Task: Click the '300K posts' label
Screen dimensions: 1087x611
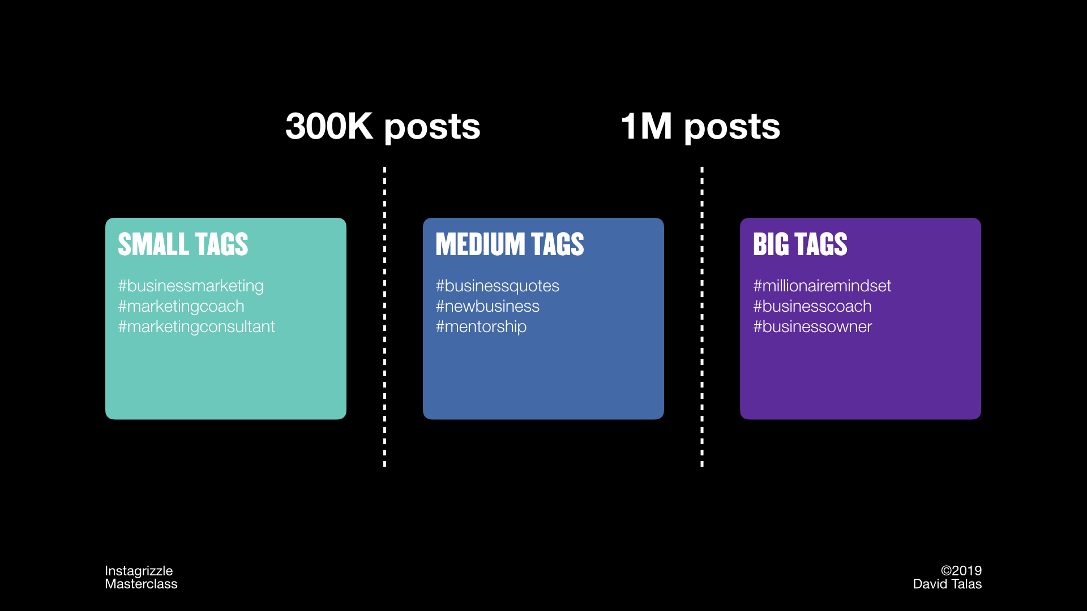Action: click(x=383, y=127)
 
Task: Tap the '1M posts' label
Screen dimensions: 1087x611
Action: click(x=700, y=127)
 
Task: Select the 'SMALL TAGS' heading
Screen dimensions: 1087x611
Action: click(x=183, y=244)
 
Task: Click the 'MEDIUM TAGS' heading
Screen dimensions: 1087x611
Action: click(x=510, y=244)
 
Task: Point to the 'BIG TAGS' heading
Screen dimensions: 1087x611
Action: click(x=800, y=244)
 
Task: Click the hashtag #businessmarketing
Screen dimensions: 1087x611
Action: click(x=191, y=286)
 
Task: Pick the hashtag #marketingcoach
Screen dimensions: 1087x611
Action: click(x=181, y=307)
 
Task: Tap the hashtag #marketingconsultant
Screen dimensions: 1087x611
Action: click(x=196, y=327)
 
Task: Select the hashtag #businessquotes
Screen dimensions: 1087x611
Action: click(x=497, y=286)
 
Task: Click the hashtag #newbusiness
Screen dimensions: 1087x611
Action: click(x=487, y=306)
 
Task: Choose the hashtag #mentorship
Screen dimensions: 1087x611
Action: click(x=481, y=327)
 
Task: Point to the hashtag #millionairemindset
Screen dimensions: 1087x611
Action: click(x=822, y=286)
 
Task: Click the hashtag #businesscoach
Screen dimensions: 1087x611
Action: click(x=812, y=306)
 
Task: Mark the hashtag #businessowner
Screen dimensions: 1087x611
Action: click(x=812, y=326)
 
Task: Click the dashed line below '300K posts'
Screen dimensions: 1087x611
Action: click(x=385, y=317)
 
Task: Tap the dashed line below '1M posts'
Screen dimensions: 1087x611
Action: click(x=702, y=317)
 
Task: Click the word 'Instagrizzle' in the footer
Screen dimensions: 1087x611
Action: click(x=139, y=571)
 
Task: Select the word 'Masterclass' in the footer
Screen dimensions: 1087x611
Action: click(x=141, y=584)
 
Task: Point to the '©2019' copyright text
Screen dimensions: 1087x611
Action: click(x=961, y=571)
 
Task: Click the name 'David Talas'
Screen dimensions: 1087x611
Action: click(x=947, y=584)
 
